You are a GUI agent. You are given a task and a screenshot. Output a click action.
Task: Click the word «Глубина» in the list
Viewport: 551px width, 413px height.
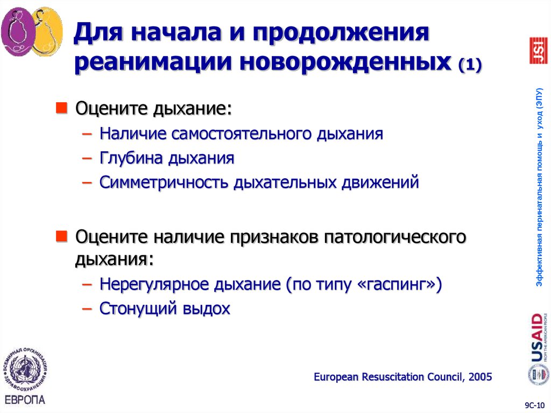[x=130, y=158]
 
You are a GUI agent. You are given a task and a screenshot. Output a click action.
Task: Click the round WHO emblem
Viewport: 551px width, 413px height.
[x=25, y=370]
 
